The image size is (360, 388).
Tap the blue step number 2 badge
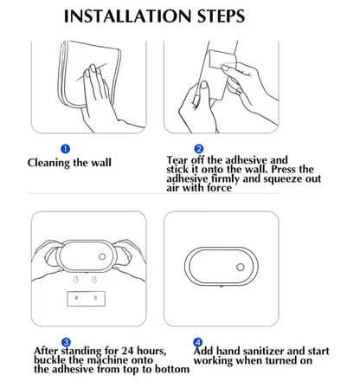coord(198,149)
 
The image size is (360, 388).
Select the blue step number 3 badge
coord(67,343)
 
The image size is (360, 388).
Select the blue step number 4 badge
coord(198,343)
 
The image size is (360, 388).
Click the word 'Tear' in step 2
coord(180,160)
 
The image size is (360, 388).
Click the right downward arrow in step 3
coord(96,281)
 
